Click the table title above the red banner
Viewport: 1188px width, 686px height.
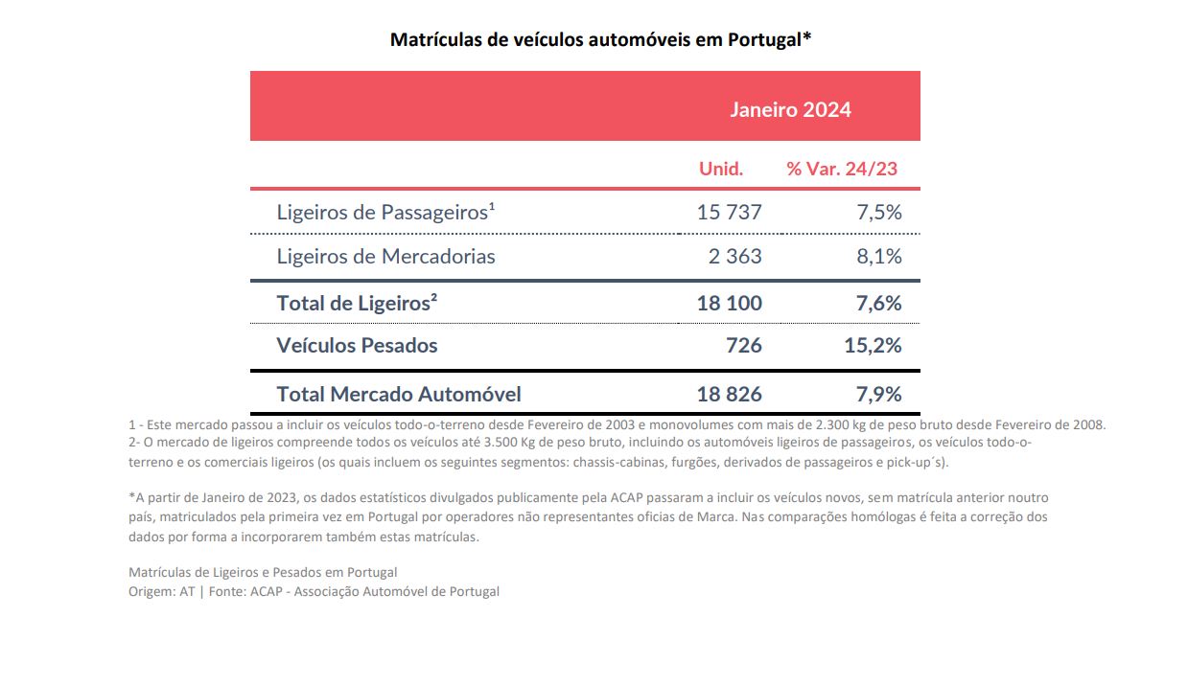click(x=601, y=40)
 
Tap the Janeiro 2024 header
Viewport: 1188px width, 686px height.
click(x=790, y=109)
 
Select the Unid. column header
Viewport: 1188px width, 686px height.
click(x=721, y=170)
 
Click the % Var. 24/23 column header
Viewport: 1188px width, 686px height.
click(x=842, y=170)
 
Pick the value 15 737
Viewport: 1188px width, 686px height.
click(x=729, y=212)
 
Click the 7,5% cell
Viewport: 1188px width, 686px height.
click(x=878, y=212)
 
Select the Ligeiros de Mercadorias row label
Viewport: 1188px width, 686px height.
click(x=385, y=257)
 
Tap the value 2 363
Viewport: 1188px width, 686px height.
click(x=735, y=257)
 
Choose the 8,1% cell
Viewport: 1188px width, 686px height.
click(x=878, y=257)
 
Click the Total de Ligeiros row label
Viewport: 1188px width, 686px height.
click(x=357, y=304)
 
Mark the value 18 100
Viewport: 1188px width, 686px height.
click(x=729, y=304)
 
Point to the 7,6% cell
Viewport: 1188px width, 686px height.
click(x=878, y=304)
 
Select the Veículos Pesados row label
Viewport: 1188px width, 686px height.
click(x=357, y=346)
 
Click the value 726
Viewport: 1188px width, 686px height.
click(x=744, y=346)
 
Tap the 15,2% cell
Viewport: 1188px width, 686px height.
click(x=873, y=346)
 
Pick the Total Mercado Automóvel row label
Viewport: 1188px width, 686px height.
click(x=399, y=394)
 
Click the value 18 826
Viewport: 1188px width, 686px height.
click(x=729, y=394)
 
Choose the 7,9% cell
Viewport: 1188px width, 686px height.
click(x=878, y=394)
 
